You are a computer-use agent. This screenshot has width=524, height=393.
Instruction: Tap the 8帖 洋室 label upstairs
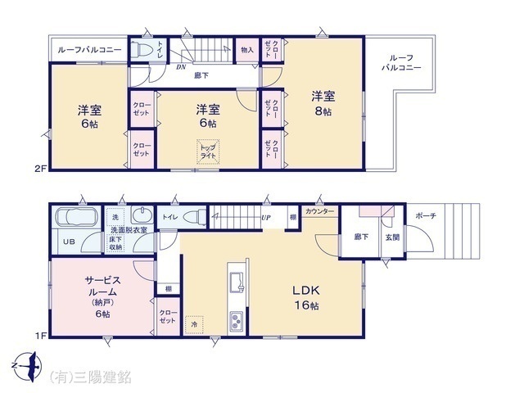(320, 103)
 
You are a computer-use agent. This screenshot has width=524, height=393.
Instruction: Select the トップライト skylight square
(208, 151)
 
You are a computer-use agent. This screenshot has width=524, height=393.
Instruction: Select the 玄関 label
(393, 237)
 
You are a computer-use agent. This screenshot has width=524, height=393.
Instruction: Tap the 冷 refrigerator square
(194, 323)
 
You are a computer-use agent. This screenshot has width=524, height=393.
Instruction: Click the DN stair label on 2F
(180, 68)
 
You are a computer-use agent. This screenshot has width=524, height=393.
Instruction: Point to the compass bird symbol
(28, 364)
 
